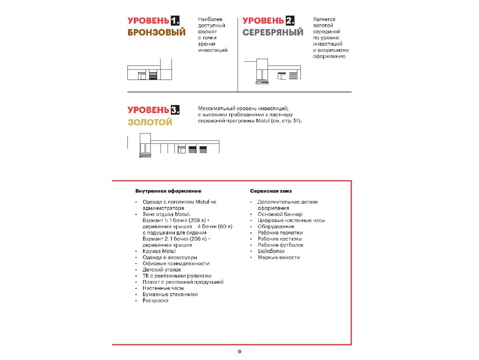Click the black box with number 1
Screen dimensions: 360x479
175,21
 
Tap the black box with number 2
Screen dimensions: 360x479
290,21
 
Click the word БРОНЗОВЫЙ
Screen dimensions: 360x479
156,32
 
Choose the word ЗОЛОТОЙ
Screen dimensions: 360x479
150,122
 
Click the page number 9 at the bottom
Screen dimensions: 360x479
239,352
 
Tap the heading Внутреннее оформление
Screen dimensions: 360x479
168,191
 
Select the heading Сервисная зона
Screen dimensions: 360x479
271,191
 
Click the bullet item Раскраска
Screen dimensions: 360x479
155,301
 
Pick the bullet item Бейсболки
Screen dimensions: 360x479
271,251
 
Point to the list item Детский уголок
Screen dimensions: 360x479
161,270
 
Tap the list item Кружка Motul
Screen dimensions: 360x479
159,251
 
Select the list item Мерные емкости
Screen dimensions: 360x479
278,257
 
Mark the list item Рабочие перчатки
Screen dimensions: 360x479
280,233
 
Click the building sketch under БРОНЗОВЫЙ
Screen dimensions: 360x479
150,72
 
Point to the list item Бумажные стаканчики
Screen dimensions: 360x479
170,294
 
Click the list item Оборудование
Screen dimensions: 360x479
276,227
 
